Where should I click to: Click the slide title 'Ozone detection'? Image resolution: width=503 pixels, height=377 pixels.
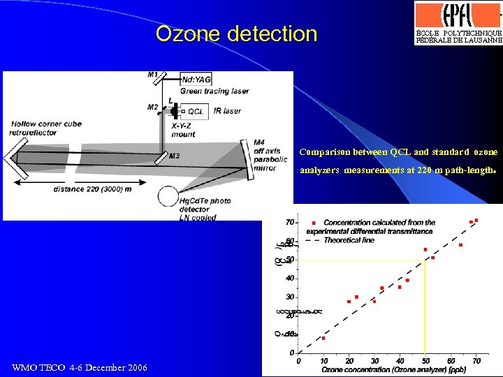[x=236, y=34]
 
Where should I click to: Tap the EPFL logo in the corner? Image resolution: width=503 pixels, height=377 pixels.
[x=458, y=15]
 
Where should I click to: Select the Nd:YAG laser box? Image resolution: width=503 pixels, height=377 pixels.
[x=196, y=80]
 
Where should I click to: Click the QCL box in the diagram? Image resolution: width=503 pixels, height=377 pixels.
[x=195, y=111]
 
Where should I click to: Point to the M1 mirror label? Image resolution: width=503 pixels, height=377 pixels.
[x=153, y=74]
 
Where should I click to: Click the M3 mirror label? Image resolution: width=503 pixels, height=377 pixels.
[x=173, y=156]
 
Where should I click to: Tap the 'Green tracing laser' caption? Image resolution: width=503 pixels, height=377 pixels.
[x=214, y=91]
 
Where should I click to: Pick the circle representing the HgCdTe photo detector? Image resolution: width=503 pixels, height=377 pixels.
[x=168, y=197]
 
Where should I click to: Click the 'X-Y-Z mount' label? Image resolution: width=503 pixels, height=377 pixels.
[x=184, y=130]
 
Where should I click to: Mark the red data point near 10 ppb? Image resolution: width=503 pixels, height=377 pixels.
[x=323, y=338]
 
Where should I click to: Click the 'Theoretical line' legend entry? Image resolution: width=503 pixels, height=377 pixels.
[x=349, y=239]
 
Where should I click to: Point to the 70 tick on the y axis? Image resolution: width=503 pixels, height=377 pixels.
[x=289, y=223]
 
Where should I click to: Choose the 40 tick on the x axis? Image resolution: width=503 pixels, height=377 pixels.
[x=400, y=361]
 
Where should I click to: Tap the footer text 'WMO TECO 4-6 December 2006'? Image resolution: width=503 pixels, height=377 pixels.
[x=80, y=367]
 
